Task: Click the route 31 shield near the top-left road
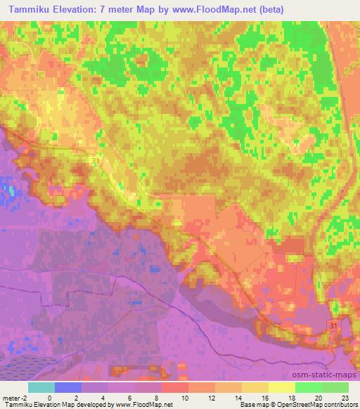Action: click(95, 161)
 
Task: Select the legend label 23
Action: click(345, 397)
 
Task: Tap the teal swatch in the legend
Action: click(41, 387)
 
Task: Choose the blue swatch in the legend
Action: click(68, 387)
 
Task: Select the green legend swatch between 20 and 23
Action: click(335, 387)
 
